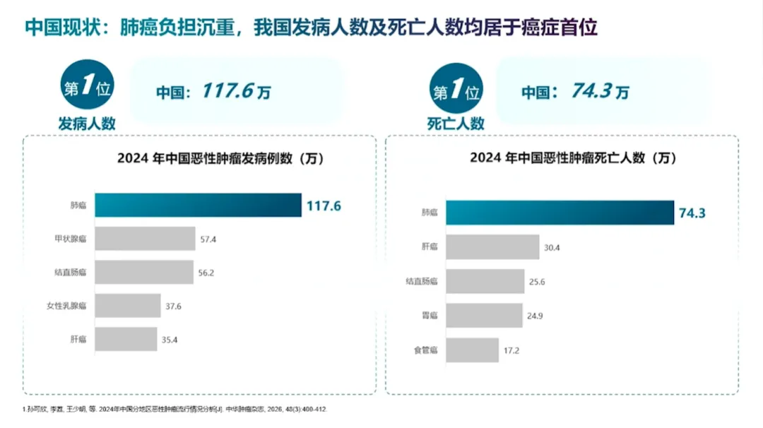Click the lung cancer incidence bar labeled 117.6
198,206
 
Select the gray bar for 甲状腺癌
145,239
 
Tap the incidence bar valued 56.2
144,273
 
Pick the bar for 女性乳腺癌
127,306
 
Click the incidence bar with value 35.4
126,340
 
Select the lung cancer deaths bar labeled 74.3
560,213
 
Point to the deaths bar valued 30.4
492,247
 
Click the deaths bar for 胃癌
484,316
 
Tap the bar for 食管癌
473,350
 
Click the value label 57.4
208,239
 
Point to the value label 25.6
537,282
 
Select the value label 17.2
511,351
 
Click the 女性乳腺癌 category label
66,306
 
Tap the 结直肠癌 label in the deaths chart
422,282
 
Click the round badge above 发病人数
87,85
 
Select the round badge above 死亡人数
456,88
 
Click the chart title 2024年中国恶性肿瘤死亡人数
573,158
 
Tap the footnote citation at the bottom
175,410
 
